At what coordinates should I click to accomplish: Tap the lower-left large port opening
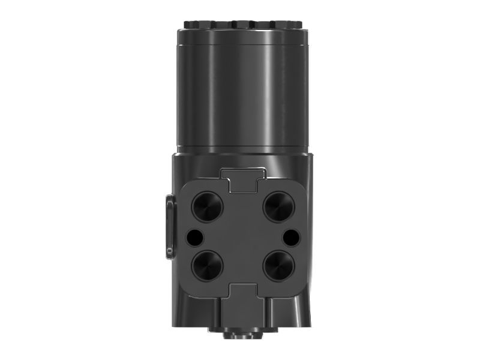coord(207,265)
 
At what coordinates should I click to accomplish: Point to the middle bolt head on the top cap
coord(242,25)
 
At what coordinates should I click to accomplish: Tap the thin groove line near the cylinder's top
coord(242,46)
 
